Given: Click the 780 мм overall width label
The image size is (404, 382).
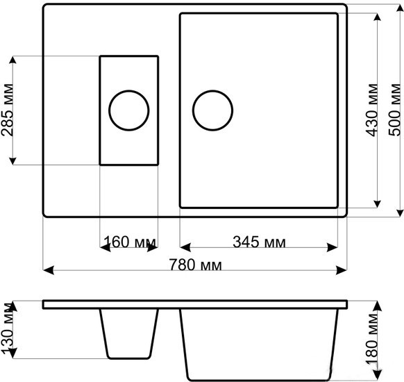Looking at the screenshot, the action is tap(195, 265).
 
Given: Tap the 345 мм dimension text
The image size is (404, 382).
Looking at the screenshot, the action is tap(259, 242).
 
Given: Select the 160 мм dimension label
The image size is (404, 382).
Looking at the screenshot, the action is tap(130, 242).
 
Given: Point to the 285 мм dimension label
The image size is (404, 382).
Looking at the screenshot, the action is tap(7, 110).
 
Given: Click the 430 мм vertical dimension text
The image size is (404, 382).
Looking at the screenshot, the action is tap(372, 110).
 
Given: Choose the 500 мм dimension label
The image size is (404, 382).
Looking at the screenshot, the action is tap(395, 110).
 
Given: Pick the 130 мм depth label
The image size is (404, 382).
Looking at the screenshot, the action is tap(7, 329).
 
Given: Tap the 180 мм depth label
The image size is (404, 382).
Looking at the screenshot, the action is tap(372, 339).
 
